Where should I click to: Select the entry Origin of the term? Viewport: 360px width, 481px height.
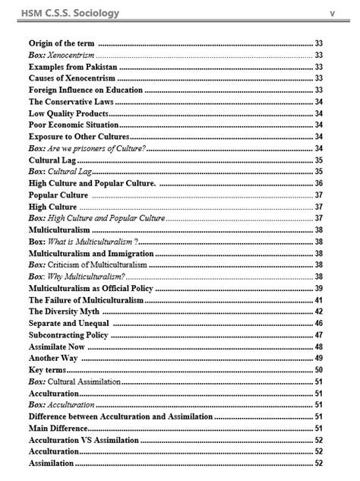click(62, 43)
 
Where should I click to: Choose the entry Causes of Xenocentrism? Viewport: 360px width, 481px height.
click(71, 78)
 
